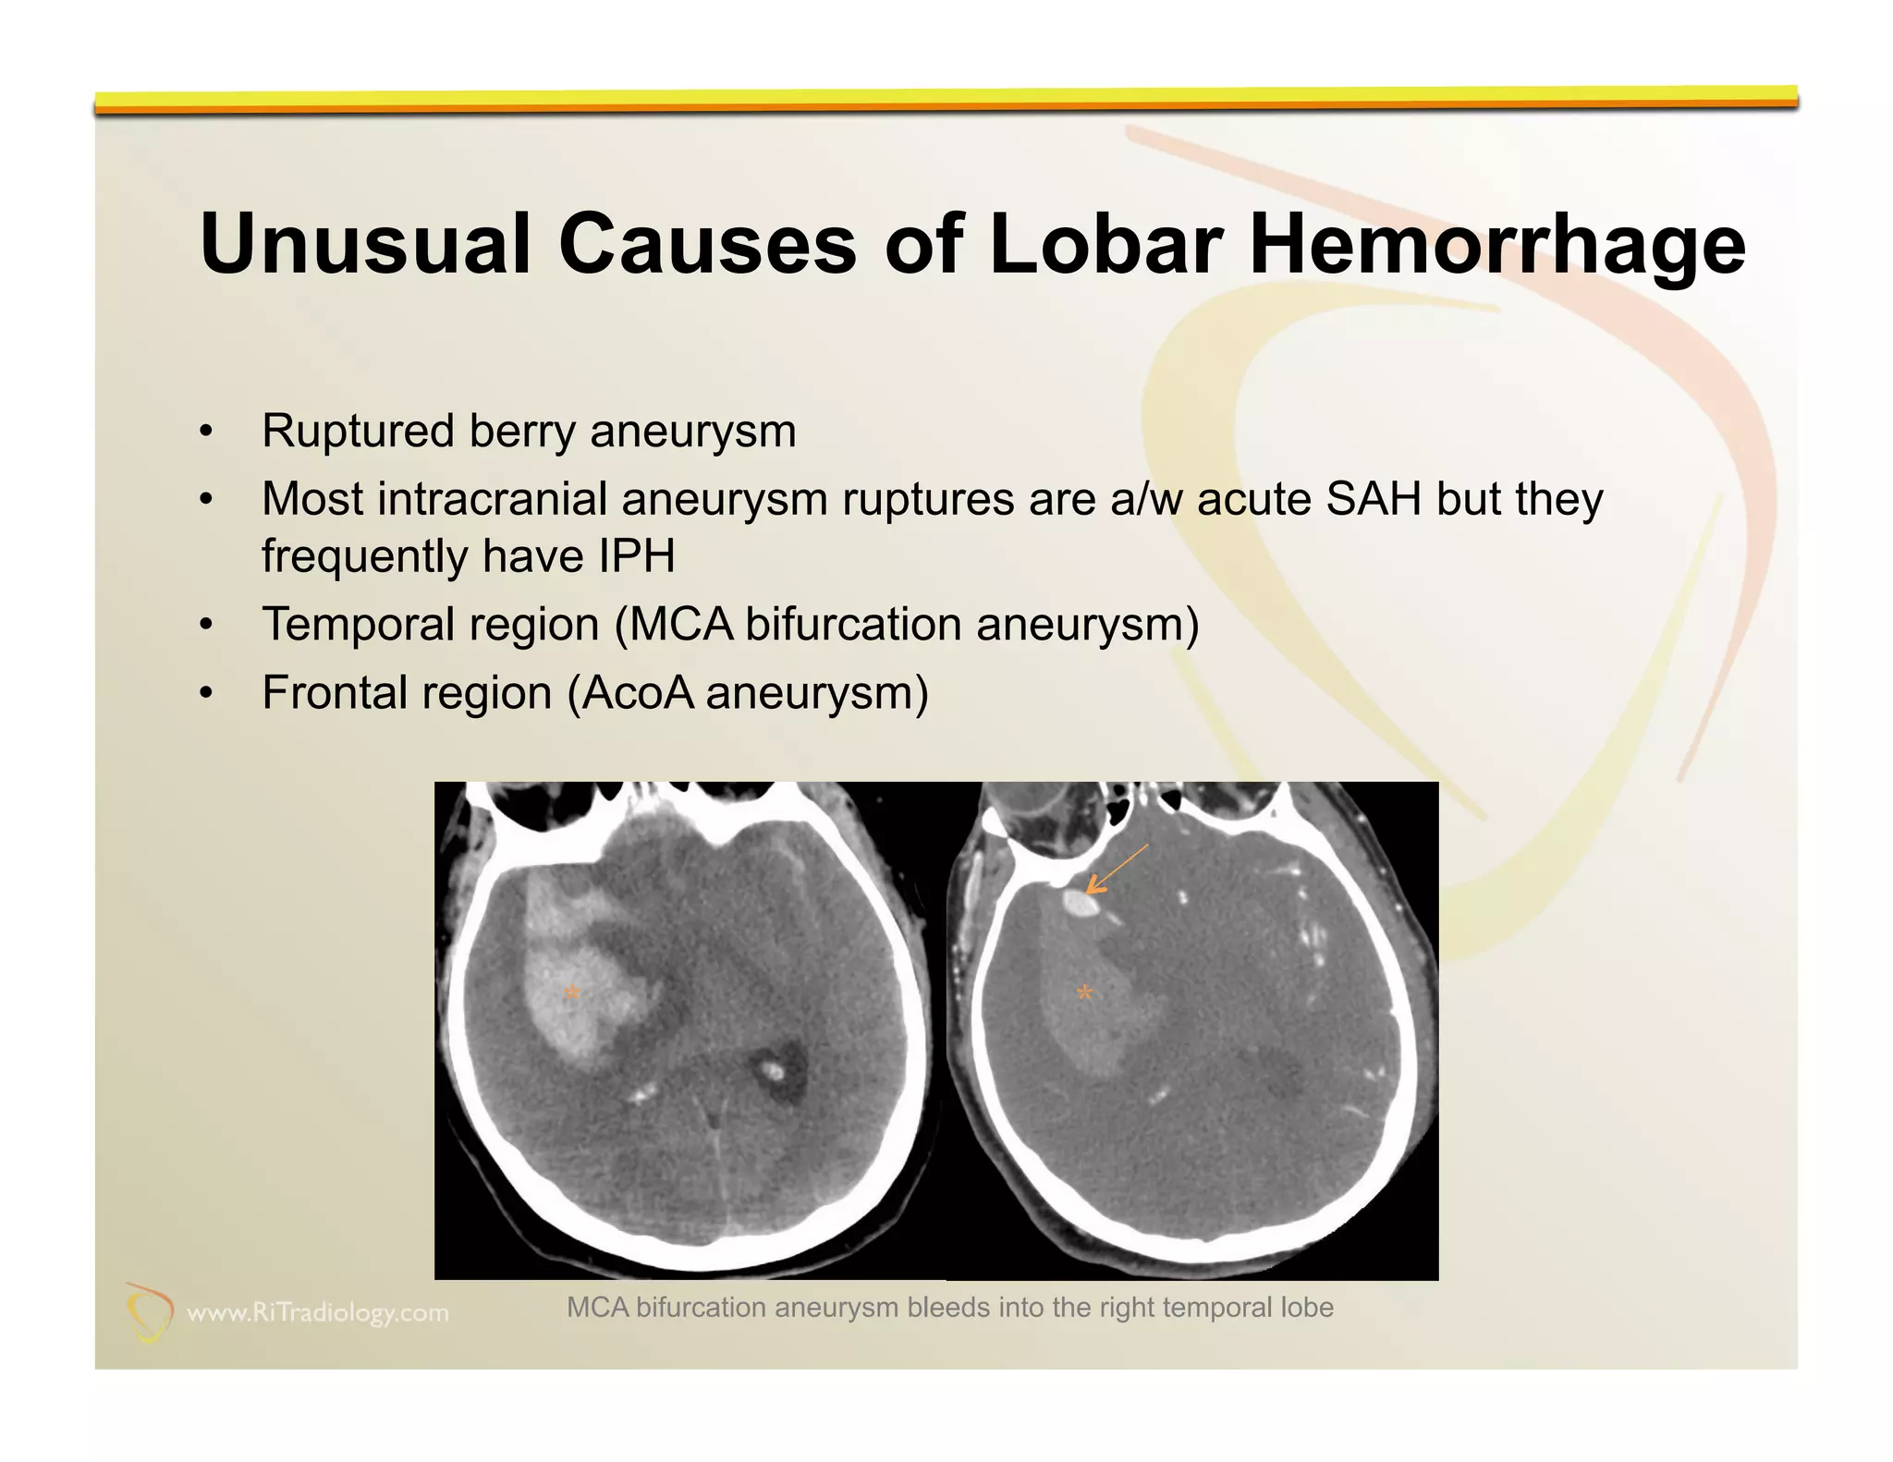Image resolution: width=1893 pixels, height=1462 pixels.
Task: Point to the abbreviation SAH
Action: click(x=1374, y=499)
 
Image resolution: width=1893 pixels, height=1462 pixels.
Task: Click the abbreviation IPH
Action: click(x=637, y=556)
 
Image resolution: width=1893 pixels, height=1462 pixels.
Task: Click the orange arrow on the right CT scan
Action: click(x=1116, y=870)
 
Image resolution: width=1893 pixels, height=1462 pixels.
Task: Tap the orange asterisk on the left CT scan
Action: click(x=572, y=994)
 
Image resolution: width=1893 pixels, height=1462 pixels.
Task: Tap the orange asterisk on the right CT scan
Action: click(x=1084, y=994)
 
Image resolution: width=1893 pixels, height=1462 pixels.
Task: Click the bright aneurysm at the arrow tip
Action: click(x=1081, y=903)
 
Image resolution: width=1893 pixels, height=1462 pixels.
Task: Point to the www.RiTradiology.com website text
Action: click(x=318, y=1312)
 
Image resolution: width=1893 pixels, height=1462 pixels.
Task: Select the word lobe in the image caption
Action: click(x=1307, y=1308)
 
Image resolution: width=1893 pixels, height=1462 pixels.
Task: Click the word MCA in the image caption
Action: click(x=597, y=1308)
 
